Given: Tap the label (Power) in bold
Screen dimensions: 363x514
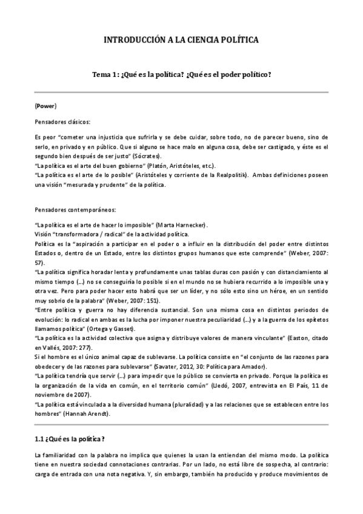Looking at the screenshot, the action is [46, 105].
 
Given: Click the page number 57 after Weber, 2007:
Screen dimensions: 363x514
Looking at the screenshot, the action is [39, 264].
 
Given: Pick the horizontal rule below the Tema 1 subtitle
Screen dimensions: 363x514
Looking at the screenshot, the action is [181, 92].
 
